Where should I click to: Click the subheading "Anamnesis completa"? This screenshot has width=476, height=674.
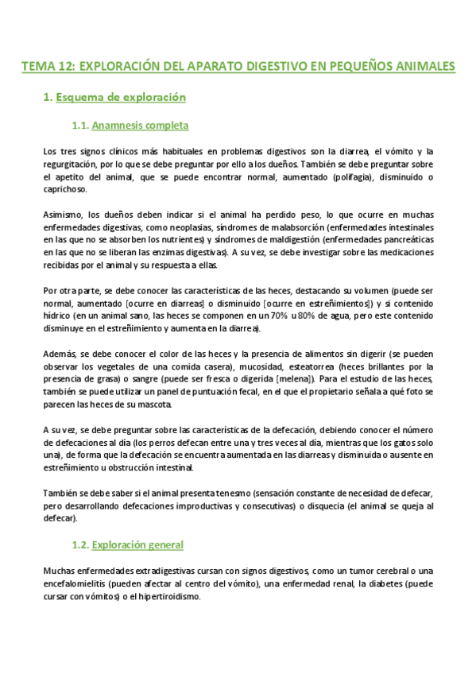click(140, 126)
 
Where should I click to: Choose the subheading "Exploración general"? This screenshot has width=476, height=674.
click(137, 545)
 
